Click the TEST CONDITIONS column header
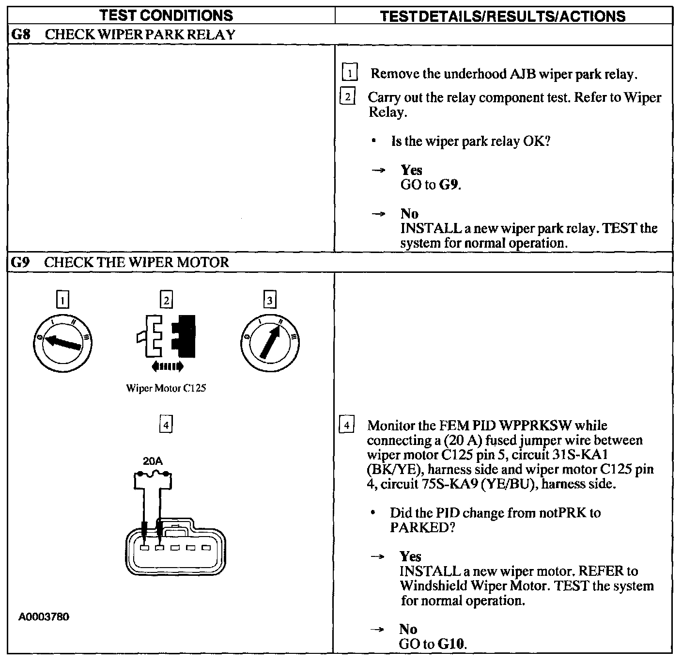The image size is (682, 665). [166, 16]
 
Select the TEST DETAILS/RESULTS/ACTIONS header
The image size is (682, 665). [503, 16]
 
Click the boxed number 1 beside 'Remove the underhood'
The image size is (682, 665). [349, 74]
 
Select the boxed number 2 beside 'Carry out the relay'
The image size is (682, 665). [347, 97]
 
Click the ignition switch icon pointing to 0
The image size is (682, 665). [62, 343]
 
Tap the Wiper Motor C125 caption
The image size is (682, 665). [166, 388]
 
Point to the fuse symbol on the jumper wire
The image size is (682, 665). [153, 474]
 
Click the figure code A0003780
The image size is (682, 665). [44, 617]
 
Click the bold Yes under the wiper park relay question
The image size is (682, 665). [411, 170]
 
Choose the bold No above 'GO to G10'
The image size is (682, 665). [408, 629]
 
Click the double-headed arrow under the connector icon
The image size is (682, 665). [167, 366]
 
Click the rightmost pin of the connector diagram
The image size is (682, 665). [206, 548]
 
